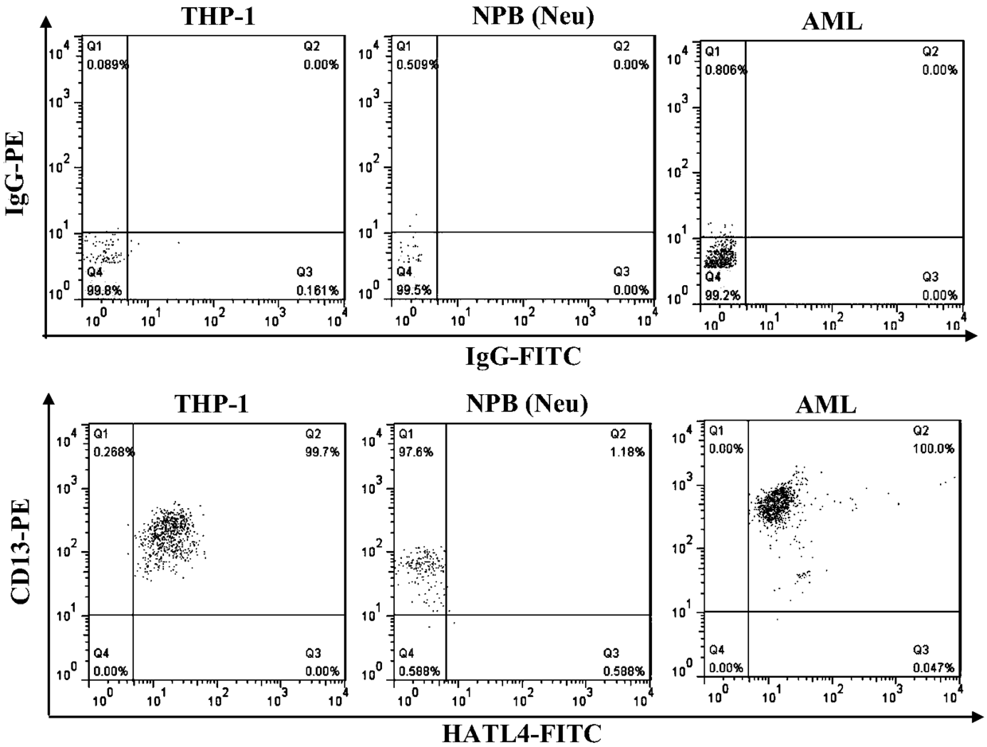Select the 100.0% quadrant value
pyautogui.click(x=937, y=449)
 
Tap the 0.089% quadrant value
pyautogui.click(x=107, y=65)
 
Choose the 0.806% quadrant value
pyautogui.click(x=725, y=70)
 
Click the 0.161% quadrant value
pyautogui.click(x=321, y=291)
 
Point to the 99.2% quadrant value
pyautogui.click(x=722, y=295)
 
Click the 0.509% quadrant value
pyautogui.click(x=416, y=65)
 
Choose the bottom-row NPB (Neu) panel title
pyautogui.click(x=526, y=405)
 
